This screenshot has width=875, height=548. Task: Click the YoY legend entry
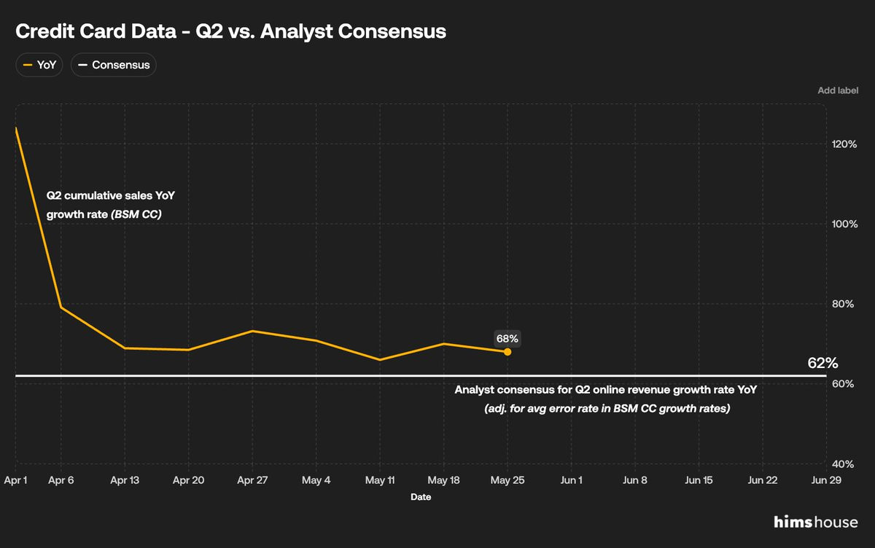tap(39, 65)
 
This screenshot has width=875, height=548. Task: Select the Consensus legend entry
tap(114, 65)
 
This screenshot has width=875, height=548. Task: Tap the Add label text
tap(838, 90)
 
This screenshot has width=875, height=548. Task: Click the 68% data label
tap(507, 338)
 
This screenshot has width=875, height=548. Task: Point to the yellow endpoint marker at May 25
tap(507, 352)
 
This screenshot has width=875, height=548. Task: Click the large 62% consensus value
tap(822, 363)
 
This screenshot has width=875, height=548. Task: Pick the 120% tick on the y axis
tap(844, 144)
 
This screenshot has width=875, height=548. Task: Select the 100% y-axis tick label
tap(844, 224)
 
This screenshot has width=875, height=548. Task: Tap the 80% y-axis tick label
tap(843, 304)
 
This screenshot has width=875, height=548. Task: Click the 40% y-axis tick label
tap(843, 464)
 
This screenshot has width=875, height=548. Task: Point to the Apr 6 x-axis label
tap(61, 480)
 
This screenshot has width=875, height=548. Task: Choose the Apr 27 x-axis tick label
tap(252, 480)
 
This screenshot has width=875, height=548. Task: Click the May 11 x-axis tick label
tap(380, 480)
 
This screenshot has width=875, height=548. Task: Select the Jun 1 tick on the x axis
tap(571, 480)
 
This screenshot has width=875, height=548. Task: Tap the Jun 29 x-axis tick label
tap(825, 480)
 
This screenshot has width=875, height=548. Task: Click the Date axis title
tap(421, 497)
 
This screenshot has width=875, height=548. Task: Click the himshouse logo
tap(816, 522)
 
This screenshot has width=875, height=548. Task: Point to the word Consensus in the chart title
tap(392, 31)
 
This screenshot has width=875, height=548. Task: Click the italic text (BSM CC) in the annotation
tap(136, 214)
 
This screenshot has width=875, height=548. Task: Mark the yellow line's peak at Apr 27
tap(252, 331)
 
